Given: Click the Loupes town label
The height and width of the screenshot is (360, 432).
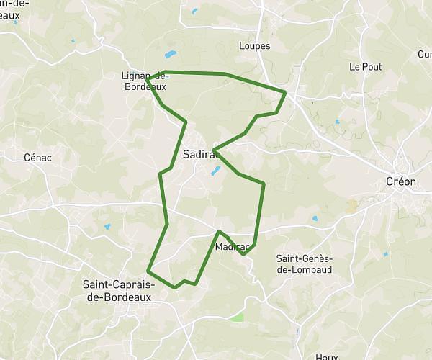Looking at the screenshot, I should point(253,46).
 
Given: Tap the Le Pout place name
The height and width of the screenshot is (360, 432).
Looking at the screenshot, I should point(365,66).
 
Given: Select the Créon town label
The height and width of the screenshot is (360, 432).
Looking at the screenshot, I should point(401,181).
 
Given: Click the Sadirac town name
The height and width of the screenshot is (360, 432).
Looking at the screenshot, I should point(200,154).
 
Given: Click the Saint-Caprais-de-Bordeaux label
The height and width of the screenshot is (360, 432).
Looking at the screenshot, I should point(118,289).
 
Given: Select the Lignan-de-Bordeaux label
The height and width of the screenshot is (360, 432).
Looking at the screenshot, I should point(144,81).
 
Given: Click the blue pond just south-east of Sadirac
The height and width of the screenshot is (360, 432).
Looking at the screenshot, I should point(215,171).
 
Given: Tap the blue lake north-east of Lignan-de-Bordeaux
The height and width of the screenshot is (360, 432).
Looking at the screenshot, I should point(171,54).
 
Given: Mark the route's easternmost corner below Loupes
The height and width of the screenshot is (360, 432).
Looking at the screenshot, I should point(286,92).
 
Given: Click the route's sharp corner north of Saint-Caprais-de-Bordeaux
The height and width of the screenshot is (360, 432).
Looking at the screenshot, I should point(148,271).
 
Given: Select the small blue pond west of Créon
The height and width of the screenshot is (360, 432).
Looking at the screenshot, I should point(314,218).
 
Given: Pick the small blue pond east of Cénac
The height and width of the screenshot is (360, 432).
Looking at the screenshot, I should point(107,228).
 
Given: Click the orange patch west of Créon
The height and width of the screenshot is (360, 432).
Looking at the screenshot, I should point(351,207).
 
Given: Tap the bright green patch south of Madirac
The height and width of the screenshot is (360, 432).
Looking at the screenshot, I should point(237,317).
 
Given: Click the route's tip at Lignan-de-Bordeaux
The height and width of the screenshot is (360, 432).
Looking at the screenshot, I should point(147,78).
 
